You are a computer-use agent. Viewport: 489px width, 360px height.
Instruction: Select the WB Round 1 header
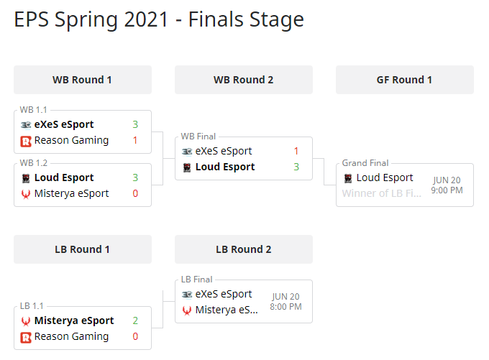[x=82, y=80]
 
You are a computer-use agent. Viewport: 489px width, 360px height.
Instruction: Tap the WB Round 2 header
[x=243, y=80]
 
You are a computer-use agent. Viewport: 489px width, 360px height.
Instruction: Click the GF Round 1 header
[x=404, y=80]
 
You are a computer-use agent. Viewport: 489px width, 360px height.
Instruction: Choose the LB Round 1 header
[x=82, y=249]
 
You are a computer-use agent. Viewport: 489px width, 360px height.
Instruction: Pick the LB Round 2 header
[x=243, y=249]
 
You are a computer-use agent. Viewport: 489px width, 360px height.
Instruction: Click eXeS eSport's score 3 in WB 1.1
[x=135, y=124]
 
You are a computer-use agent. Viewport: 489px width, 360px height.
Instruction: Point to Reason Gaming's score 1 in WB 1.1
[x=135, y=140]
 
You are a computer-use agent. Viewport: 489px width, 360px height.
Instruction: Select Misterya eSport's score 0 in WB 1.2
[x=135, y=193]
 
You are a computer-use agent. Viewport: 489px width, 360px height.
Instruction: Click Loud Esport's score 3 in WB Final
[x=296, y=167]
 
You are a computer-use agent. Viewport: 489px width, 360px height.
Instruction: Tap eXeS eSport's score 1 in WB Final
[x=296, y=151]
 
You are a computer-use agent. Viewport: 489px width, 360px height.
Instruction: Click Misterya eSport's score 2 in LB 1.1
[x=135, y=320]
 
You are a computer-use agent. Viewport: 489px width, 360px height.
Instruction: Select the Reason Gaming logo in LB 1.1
[x=26, y=336]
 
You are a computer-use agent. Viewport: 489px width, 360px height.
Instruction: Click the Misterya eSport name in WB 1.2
[x=71, y=193]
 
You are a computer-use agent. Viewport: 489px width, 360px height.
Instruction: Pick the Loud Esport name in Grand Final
[x=385, y=177]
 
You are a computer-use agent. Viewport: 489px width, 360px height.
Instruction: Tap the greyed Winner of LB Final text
[x=381, y=193]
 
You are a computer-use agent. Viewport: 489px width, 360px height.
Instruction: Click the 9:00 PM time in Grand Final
[x=447, y=190]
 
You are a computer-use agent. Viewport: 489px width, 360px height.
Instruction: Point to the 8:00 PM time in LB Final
[x=285, y=307]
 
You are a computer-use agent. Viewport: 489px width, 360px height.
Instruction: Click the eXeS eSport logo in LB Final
[x=187, y=294]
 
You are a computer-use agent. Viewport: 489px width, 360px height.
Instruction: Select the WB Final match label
[x=198, y=137]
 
